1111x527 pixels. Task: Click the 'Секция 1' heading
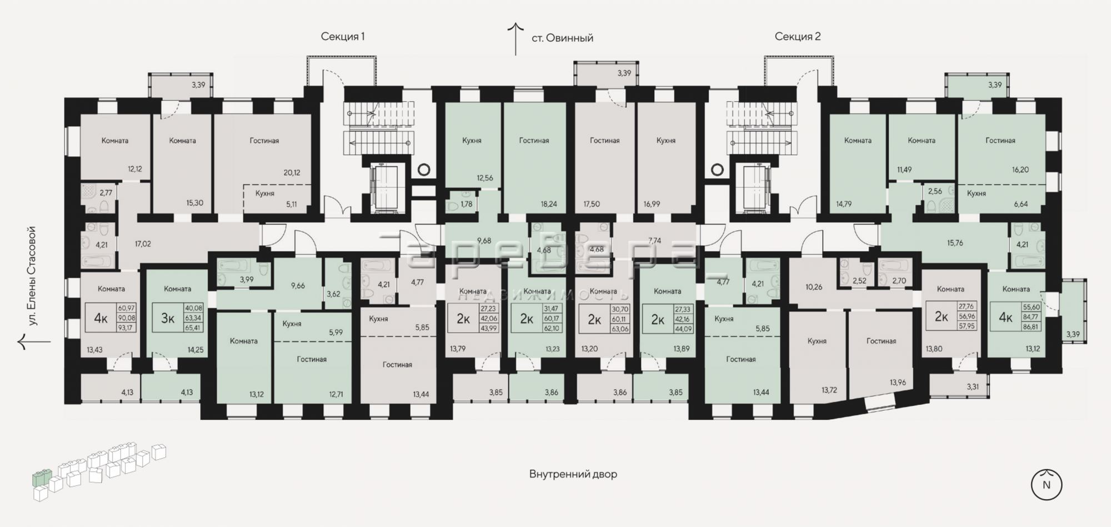click(x=343, y=37)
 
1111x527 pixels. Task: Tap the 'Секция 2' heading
click(x=798, y=37)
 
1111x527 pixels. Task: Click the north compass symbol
click(x=1047, y=485)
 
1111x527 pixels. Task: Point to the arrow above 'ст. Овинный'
click(x=516, y=39)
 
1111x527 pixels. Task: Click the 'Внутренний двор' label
click(x=573, y=474)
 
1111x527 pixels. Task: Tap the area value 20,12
click(x=292, y=172)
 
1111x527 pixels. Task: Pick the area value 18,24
click(x=549, y=204)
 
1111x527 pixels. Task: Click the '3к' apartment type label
click(x=168, y=318)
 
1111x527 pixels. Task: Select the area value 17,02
click(x=143, y=243)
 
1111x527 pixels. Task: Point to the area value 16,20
click(x=1020, y=170)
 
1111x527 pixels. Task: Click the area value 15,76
click(x=955, y=243)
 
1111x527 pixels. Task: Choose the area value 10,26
click(x=814, y=287)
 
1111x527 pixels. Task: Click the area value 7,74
click(x=655, y=241)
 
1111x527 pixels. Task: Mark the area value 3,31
click(x=973, y=387)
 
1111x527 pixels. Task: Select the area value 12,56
click(x=485, y=178)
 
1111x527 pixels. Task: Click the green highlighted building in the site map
click(x=41, y=477)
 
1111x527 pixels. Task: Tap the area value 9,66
click(x=298, y=286)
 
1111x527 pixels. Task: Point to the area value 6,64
click(x=1021, y=204)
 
